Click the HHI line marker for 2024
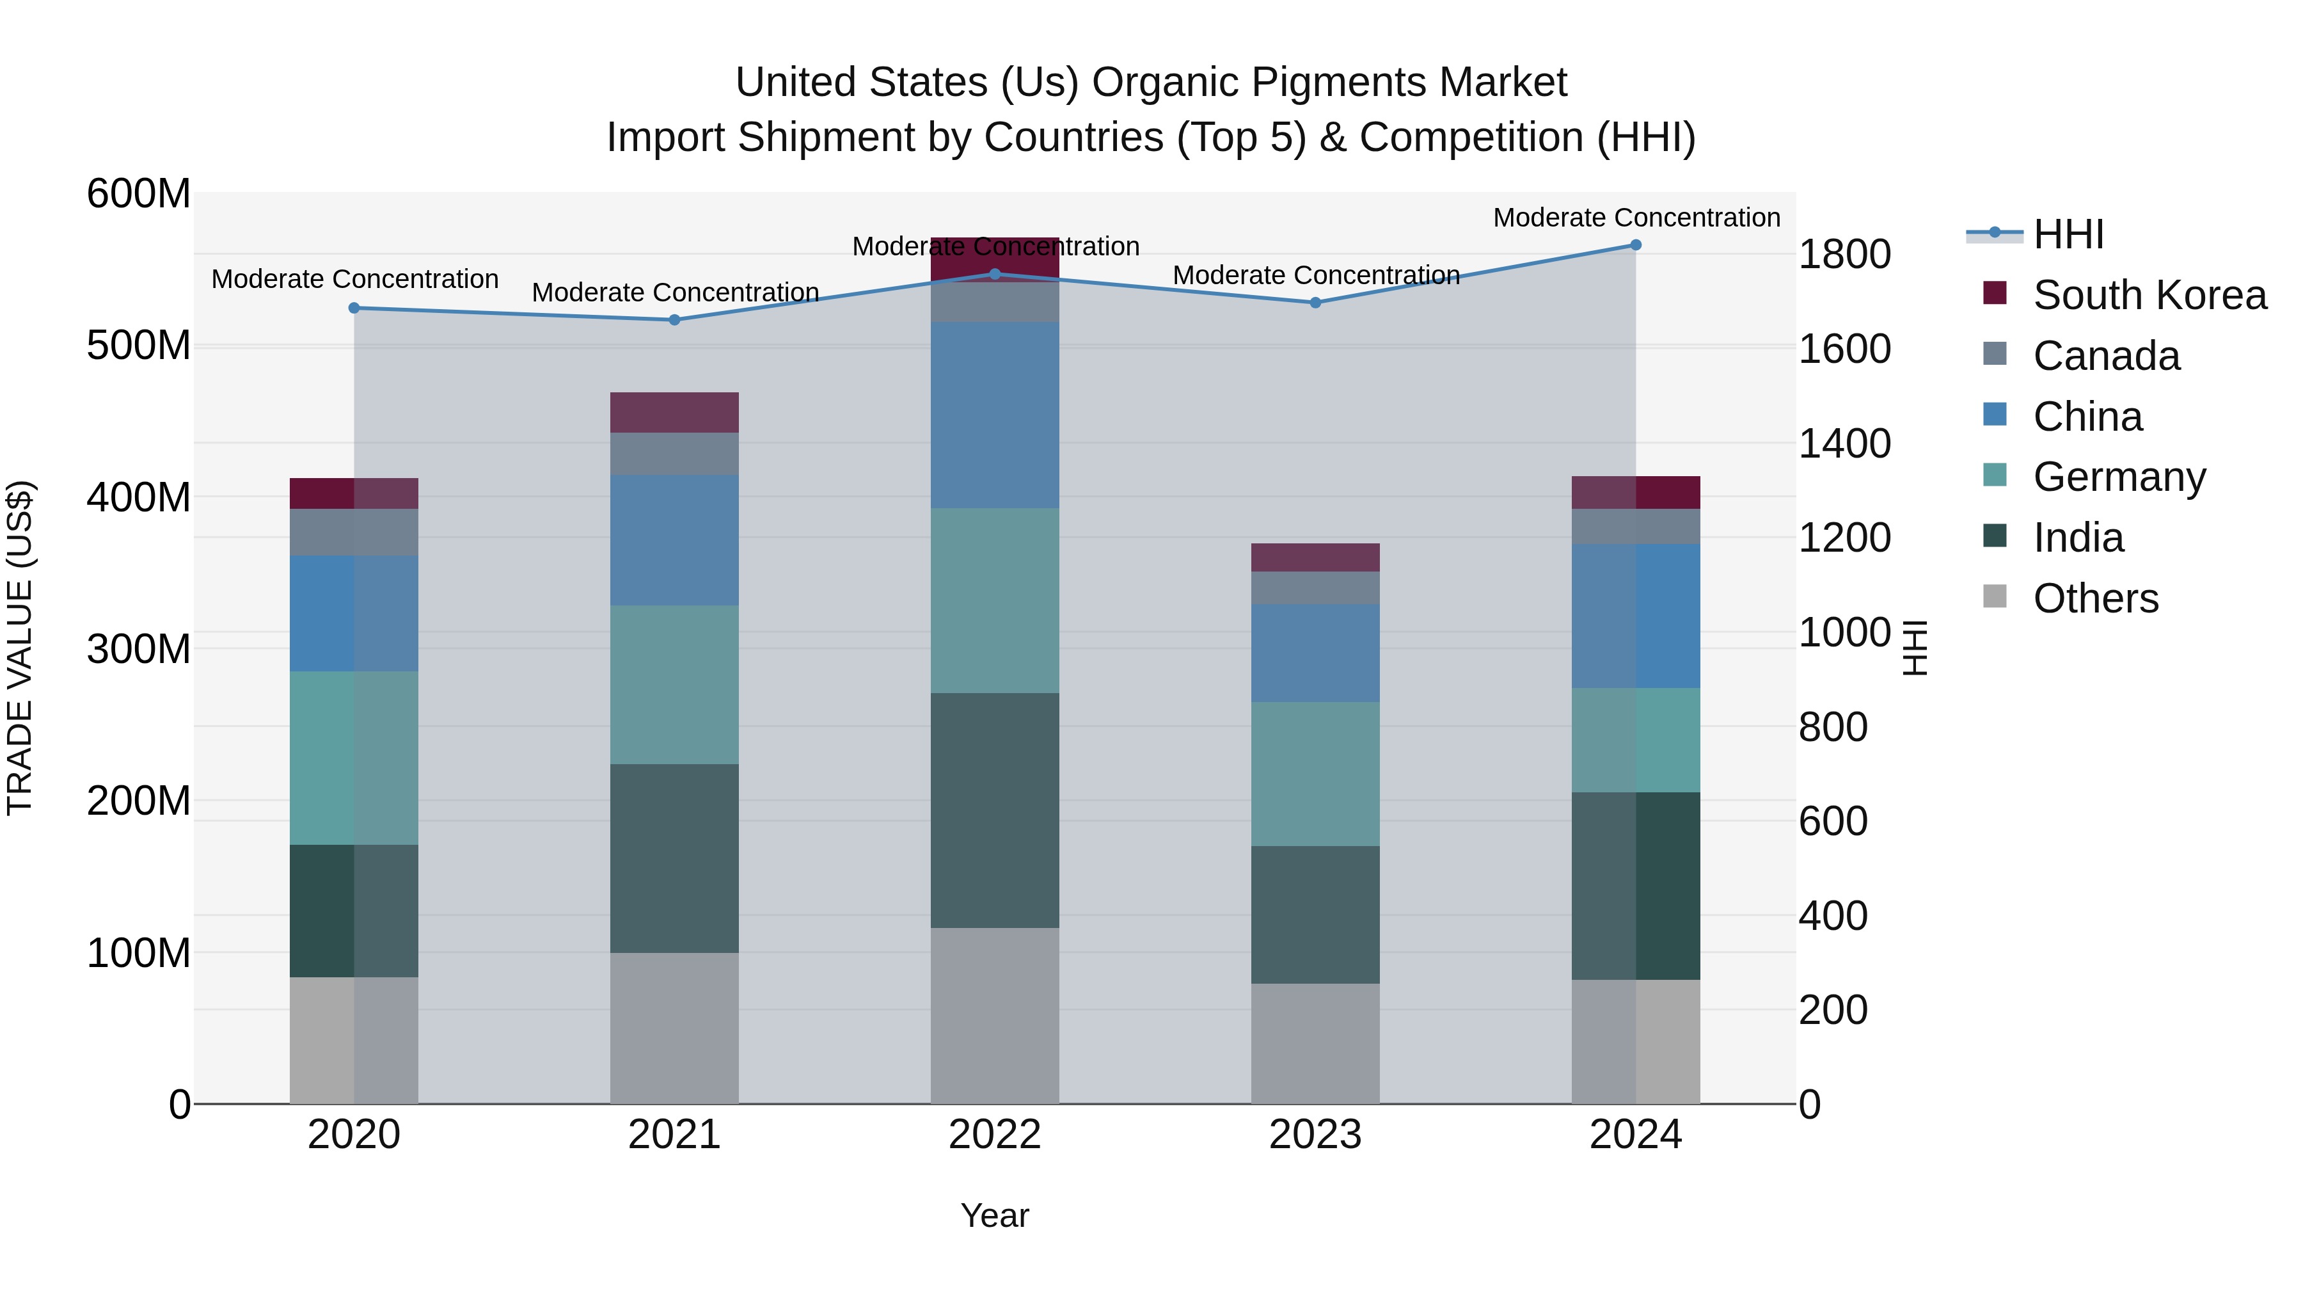1635,245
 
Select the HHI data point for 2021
675,320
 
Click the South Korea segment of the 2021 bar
675,412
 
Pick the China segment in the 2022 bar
995,415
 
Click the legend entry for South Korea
2149,295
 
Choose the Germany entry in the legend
2119,477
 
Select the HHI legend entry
2068,234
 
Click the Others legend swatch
1995,596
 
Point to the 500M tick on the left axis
139,345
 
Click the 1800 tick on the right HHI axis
1844,254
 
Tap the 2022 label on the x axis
995,1135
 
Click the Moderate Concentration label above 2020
355,279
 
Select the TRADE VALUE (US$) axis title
20,648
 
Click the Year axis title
995,1215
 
